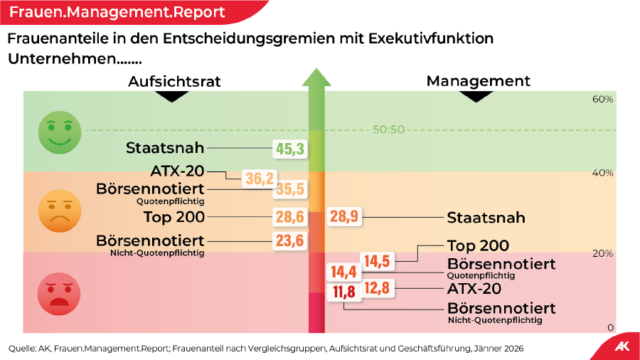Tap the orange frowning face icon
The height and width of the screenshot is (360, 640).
coord(60,211)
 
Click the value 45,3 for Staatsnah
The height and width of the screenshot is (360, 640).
coord(290,149)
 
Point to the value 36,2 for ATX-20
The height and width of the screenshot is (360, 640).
coord(260,179)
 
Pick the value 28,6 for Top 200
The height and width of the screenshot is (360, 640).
coord(290,217)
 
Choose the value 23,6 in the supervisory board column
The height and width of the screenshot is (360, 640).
coord(290,240)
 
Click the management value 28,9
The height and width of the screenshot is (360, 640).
coord(344,217)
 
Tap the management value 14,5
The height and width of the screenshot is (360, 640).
coord(377,261)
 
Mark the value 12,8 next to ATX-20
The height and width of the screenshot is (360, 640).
coord(377,288)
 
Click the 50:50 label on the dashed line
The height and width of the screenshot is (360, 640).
coord(388,129)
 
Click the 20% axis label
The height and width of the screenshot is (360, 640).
coord(602,253)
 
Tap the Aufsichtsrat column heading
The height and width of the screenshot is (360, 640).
coord(174,81)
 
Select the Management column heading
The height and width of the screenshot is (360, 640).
coord(478,81)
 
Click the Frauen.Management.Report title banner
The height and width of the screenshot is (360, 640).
coord(117,12)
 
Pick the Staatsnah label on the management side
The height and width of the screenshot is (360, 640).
coord(486,218)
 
